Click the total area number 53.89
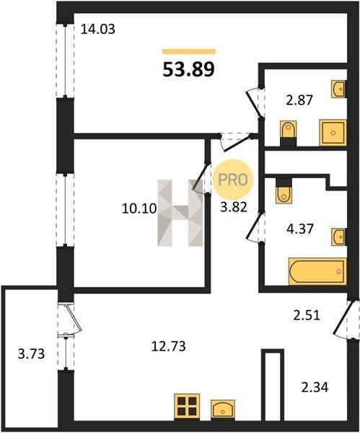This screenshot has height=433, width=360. pos(188,69)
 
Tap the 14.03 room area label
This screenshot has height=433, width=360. pos(97,30)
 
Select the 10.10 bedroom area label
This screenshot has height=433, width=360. pos(139,209)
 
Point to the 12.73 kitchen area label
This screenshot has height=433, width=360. pos(168,346)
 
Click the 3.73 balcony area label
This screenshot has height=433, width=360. pos(31,354)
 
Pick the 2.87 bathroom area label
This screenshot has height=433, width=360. pos(299,100)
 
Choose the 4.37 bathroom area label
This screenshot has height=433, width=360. pos(300,229)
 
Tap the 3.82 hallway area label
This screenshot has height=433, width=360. pos(234,206)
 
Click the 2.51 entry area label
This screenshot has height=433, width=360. pos(307,315)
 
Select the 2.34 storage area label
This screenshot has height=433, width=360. pos(315,387)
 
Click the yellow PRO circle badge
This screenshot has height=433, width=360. pos(233,180)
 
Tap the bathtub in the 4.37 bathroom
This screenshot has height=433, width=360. pos(317,271)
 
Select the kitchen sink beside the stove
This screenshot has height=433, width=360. pos(223,410)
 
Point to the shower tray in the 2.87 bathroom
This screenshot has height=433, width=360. pos(333,133)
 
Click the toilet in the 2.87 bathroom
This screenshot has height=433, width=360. pos(289,133)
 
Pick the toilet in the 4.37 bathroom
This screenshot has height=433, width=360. pos(284,191)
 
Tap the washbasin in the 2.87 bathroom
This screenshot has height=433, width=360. pos(339,89)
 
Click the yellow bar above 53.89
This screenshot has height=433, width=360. pos(188,51)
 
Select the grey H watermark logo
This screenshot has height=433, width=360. pos(180,213)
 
